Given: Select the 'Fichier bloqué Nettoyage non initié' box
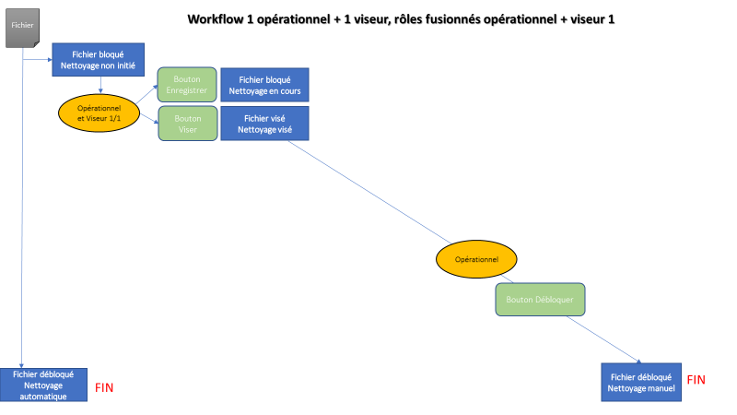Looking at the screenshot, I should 99,61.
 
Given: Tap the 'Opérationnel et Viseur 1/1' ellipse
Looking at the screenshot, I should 99,113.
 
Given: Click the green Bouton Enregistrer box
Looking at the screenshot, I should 187,85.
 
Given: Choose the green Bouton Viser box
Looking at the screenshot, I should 187,125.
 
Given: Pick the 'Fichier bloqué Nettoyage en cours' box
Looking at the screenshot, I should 264,85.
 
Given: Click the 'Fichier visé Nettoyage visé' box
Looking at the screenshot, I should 264,125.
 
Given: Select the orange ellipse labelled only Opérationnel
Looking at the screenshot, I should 476,259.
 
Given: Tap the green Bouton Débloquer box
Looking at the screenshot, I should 540,300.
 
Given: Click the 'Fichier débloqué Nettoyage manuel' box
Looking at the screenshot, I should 642,383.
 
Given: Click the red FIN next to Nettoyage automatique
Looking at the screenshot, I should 104,388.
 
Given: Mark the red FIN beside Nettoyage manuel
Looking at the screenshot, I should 696,379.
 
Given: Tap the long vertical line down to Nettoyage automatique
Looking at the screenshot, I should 21,231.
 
